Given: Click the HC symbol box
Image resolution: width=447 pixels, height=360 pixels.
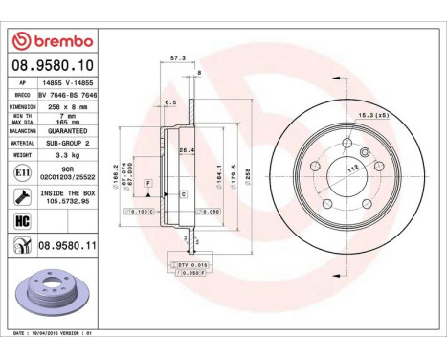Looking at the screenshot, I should click(x=21, y=221).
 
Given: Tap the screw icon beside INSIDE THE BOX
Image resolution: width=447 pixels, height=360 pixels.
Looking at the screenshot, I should click(x=21, y=196).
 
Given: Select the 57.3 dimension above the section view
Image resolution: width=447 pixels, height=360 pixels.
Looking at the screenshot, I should click(x=176, y=59).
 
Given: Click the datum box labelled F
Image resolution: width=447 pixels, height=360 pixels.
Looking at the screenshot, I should click(x=149, y=182).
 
